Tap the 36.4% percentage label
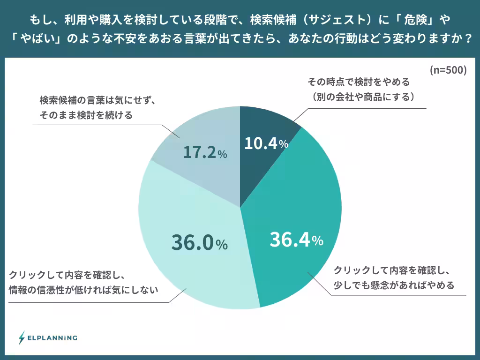[296, 240]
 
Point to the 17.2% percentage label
[205, 153]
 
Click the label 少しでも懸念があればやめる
[393, 285]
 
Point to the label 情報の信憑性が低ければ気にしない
[83, 290]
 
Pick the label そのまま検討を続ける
[86, 115]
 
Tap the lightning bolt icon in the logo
[22, 337]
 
